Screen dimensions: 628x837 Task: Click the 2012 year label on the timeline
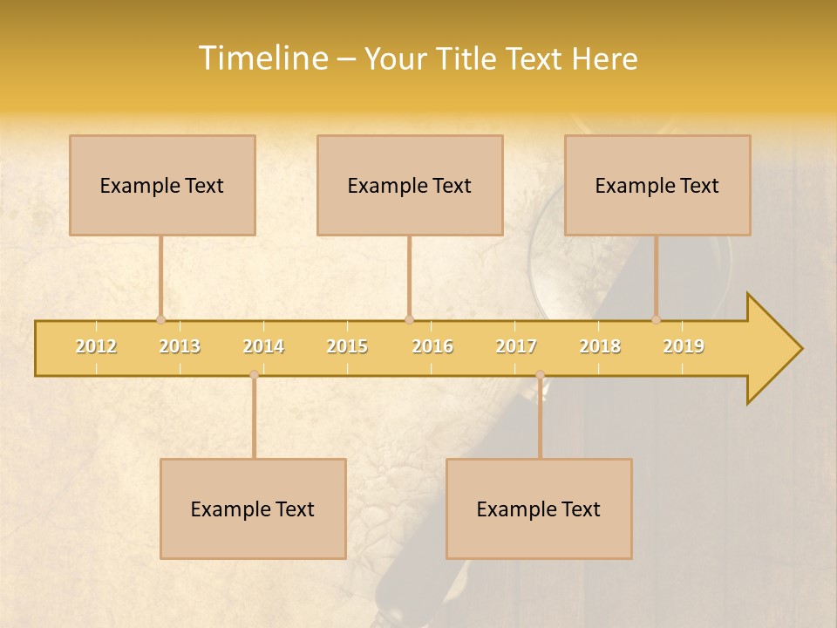tap(96, 347)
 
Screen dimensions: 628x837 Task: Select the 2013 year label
tap(180, 347)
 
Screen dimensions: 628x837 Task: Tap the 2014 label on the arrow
tap(263, 347)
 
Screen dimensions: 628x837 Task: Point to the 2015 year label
tap(347, 347)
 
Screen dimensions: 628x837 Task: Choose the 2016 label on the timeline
tap(432, 347)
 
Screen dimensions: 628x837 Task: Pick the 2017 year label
tap(516, 347)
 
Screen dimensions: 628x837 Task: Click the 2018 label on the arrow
tap(600, 347)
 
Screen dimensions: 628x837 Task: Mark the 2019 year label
tap(684, 347)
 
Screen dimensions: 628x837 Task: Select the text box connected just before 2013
tap(162, 186)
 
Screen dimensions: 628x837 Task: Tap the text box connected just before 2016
tap(410, 186)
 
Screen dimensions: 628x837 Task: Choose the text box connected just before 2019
tap(657, 186)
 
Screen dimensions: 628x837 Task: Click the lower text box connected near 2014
tap(253, 509)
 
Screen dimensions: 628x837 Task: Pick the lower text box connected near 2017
tap(539, 509)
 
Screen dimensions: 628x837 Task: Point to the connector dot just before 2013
tap(160, 319)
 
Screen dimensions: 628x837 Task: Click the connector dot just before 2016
tap(409, 319)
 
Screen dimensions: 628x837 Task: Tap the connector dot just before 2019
tap(656, 319)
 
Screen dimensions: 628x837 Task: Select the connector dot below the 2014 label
tap(254, 375)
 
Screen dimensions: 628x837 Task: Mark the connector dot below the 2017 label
tap(540, 375)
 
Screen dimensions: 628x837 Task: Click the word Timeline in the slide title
tap(262, 58)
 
